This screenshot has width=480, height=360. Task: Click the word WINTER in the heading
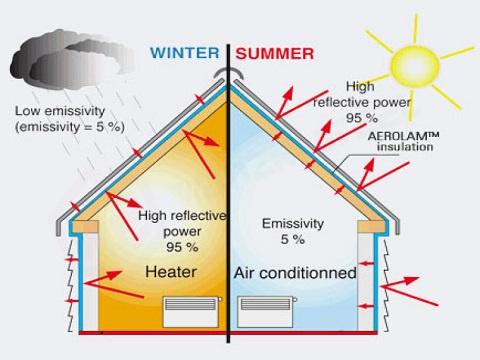click(x=186, y=53)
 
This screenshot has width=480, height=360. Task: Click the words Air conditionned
click(x=294, y=272)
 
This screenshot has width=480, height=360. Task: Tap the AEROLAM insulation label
click(x=403, y=140)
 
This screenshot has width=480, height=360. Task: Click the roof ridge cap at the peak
click(x=230, y=75)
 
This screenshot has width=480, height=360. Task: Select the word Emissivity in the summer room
click(x=279, y=223)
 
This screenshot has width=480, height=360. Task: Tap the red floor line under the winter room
click(x=150, y=332)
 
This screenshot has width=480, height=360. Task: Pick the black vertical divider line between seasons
click(x=230, y=200)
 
